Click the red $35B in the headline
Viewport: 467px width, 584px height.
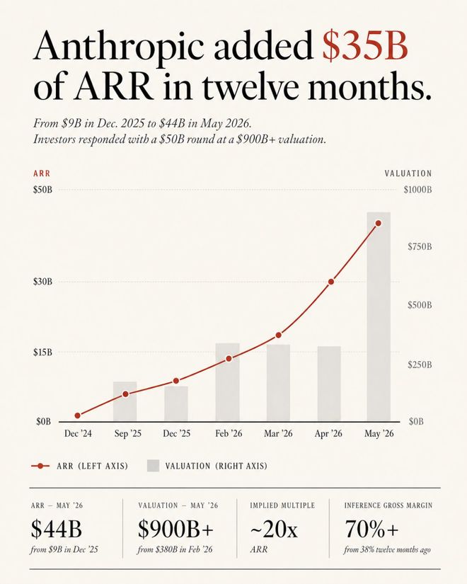365,47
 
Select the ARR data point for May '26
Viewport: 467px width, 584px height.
379,223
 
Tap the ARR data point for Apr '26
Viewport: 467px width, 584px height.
330,282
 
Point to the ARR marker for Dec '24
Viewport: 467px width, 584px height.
77,416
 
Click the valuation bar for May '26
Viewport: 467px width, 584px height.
379,316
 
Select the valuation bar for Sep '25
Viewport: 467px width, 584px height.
125,401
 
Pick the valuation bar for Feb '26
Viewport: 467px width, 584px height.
228,382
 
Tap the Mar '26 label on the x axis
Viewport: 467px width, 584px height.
278,433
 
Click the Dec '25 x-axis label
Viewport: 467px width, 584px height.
176,433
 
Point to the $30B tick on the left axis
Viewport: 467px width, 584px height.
43,281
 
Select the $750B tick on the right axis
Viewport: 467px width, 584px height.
420,246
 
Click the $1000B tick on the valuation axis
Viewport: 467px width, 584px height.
417,190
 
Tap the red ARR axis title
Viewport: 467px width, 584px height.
42,173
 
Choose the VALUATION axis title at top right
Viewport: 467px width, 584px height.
408,173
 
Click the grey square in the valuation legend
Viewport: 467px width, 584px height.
153,466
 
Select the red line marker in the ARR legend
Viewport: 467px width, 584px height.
40,466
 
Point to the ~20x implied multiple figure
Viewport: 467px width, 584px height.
274,529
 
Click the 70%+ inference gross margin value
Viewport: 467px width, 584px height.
371,529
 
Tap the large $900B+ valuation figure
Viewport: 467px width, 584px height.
175,529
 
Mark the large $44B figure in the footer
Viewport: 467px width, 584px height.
56,529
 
